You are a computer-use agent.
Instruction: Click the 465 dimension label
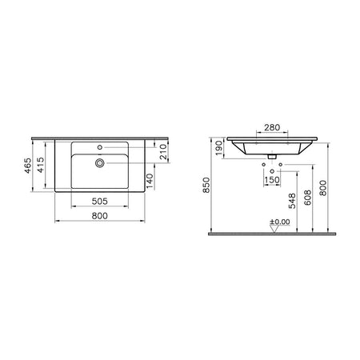pos(28,166)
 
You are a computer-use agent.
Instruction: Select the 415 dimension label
pos(41,165)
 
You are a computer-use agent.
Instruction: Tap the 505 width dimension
pos(100,202)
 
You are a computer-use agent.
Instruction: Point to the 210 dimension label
pos(163,152)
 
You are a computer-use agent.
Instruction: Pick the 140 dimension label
pos(150,181)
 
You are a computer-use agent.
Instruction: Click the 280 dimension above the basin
pos(272,127)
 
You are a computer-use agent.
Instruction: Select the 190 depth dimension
pos(218,148)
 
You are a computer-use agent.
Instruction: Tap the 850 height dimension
pos(206,185)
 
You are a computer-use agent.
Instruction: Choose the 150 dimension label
pos(272,180)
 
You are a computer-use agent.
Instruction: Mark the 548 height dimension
pos(293,201)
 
